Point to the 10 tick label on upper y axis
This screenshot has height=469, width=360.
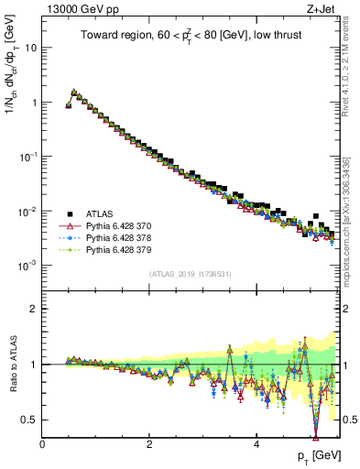(31, 48)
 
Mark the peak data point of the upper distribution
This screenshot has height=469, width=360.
(74, 92)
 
